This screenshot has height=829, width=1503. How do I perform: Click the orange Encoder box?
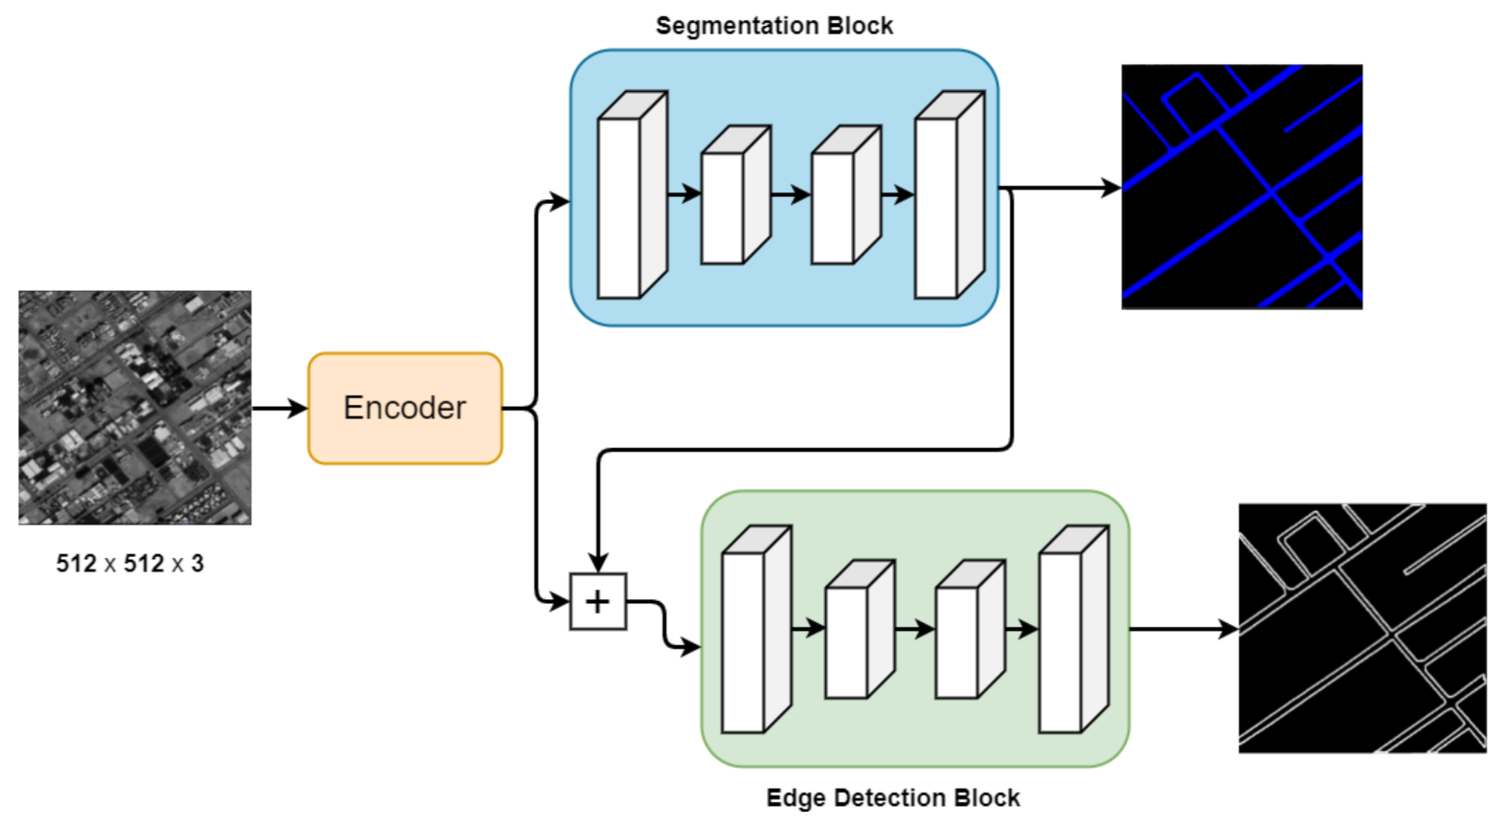405,409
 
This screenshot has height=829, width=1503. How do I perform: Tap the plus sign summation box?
597,601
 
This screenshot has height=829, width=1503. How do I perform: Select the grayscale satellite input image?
135,408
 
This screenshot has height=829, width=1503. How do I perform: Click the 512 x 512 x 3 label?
130,564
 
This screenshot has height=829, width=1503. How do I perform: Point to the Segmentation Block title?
774,26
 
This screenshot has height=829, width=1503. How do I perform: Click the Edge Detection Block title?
892,797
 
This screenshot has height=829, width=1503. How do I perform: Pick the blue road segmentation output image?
1242,187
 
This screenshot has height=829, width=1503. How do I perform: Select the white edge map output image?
1361,628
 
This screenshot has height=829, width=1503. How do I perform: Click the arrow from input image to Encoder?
280,409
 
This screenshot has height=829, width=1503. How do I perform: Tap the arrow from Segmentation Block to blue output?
1063,188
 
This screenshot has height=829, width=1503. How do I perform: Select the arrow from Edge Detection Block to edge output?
1184,629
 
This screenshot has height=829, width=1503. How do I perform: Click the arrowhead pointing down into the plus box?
598,562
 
